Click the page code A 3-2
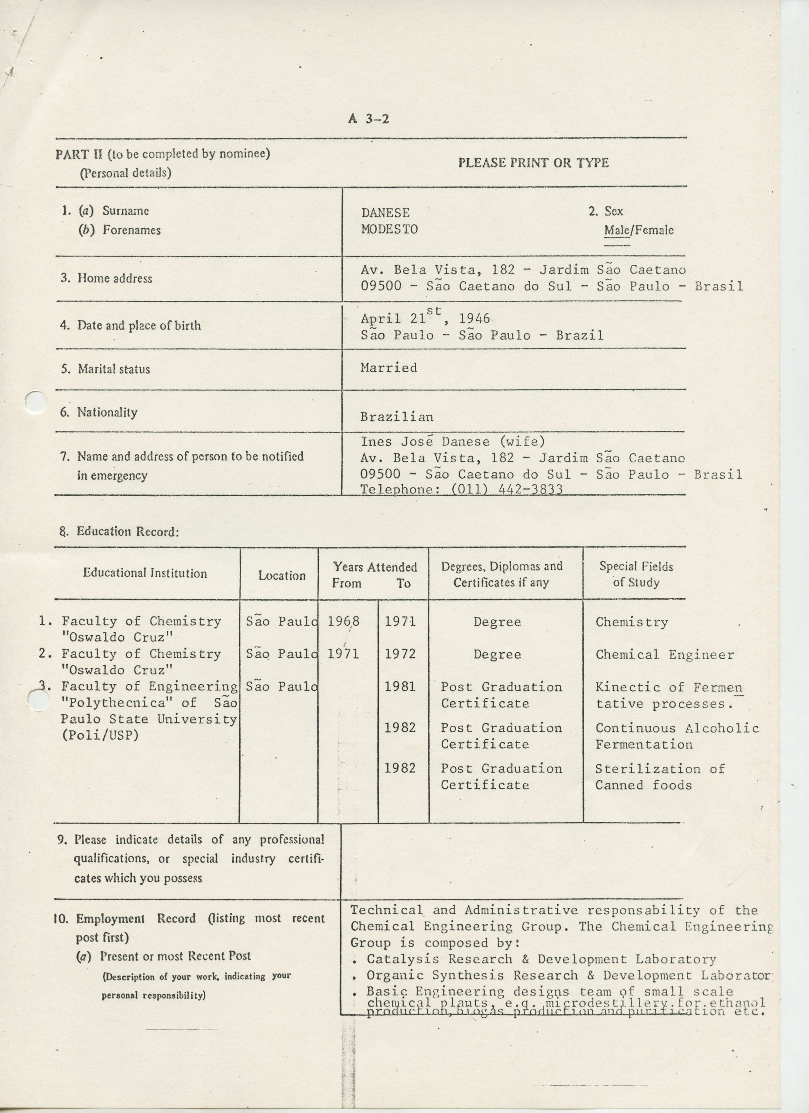point(369,119)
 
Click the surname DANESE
point(385,213)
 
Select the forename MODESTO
point(389,229)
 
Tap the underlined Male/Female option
point(638,230)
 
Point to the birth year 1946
point(474,319)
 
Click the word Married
point(388,367)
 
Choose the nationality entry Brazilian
point(397,417)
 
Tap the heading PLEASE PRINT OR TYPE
point(533,163)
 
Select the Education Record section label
point(119,531)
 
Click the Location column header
point(282,576)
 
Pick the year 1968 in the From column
point(344,621)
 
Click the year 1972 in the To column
point(400,653)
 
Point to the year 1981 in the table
point(400,686)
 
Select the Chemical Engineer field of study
point(665,655)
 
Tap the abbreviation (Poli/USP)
point(100,735)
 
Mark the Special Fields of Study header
point(636,575)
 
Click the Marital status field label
point(114,369)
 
